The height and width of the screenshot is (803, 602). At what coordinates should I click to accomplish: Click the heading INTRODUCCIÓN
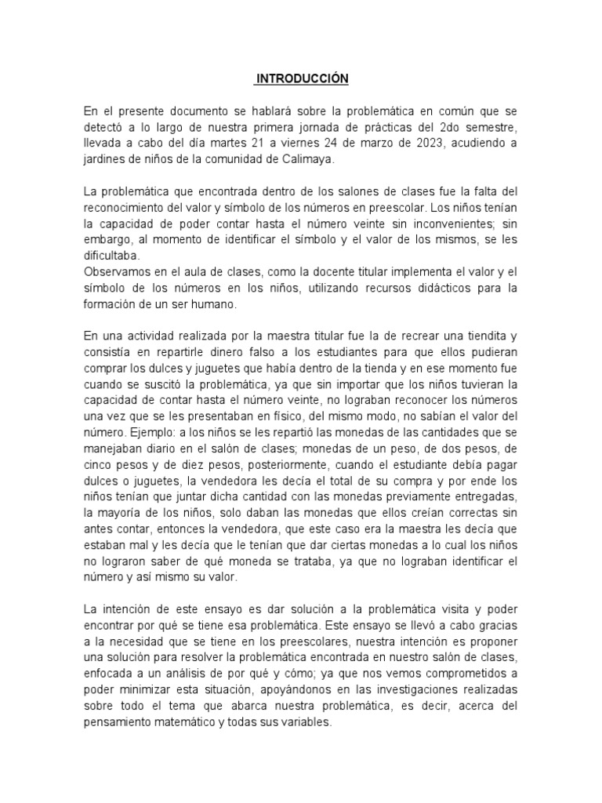pos(302,79)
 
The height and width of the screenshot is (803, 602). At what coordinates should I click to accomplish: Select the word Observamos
pos(120,271)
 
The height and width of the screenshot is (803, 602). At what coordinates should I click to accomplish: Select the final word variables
pos(306,723)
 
